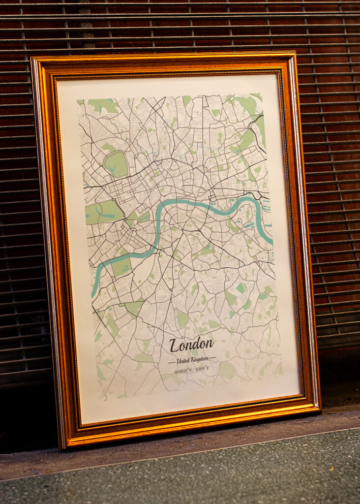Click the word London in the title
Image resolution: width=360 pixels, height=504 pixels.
coord(191,345)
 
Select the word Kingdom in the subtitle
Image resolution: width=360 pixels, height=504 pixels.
coord(200,359)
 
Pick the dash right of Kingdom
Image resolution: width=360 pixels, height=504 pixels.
coord(212,358)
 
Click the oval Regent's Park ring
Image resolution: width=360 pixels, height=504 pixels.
coord(116,164)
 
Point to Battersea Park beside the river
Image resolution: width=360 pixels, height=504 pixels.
coord(120,266)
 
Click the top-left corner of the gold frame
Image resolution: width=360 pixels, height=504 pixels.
coord(32,59)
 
